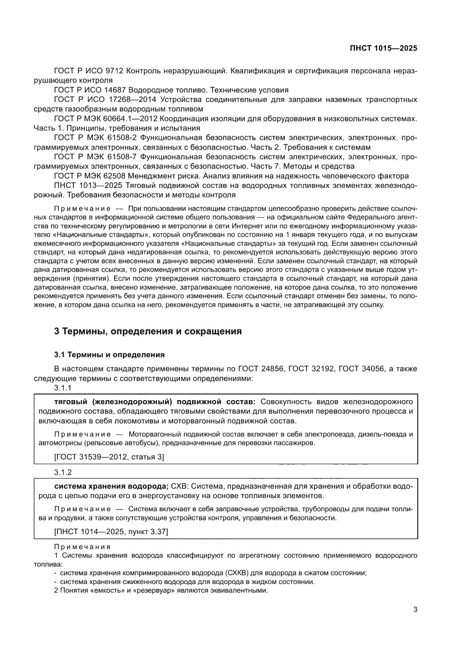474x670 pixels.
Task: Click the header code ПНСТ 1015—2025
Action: click(382, 48)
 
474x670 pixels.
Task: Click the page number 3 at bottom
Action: click(415, 609)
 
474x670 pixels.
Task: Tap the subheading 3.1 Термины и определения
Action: click(109, 354)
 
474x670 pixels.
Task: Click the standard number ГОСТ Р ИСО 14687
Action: click(91, 90)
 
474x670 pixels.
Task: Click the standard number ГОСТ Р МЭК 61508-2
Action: click(94, 138)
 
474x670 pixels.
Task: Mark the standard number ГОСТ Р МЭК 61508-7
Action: click(94, 156)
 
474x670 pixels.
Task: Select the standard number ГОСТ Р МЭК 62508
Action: click(90, 175)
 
